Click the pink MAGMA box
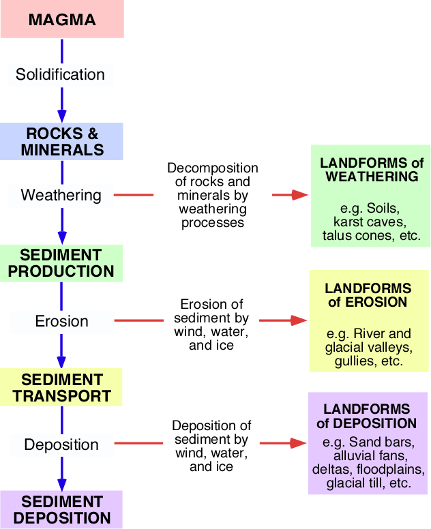pyautogui.click(x=63, y=19)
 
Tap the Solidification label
pyautogui.click(x=60, y=74)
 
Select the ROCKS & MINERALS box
pyautogui.click(x=61, y=141)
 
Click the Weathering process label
pyautogui.click(x=61, y=196)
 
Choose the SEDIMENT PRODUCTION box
pyautogui.click(x=61, y=263)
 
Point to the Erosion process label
pyautogui.click(x=62, y=321)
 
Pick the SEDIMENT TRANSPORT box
pyautogui.click(x=61, y=387)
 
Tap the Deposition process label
pyautogui.click(x=61, y=444)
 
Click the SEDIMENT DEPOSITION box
pyautogui.click(x=61, y=509)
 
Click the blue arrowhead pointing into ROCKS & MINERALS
pyautogui.click(x=62, y=116)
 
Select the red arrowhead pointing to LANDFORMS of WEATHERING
pyautogui.click(x=300, y=195)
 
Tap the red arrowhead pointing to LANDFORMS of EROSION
pyautogui.click(x=299, y=320)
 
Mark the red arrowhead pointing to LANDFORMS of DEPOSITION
pyautogui.click(x=299, y=443)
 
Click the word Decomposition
pyautogui.click(x=213, y=168)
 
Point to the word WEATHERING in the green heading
pyautogui.click(x=372, y=177)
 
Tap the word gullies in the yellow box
pyautogui.click(x=355, y=361)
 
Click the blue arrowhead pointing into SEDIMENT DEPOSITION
pyautogui.click(x=62, y=484)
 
